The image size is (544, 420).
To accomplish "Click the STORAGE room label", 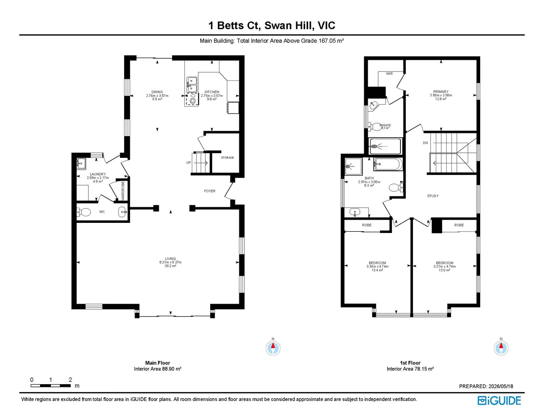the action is [227, 157].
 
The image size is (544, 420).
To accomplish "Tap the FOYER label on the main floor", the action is [209, 191].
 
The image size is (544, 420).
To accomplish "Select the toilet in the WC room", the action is [84, 212].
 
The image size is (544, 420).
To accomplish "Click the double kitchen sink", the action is [192, 84].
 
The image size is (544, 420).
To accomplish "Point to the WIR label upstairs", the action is [389, 73].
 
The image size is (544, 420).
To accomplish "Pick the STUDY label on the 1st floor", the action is [433, 196].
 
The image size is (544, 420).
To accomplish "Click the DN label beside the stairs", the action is [425, 143].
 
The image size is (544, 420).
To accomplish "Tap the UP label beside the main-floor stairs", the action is [188, 163].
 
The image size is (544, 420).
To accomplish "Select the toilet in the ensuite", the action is [374, 126].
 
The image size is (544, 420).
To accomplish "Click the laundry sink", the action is [81, 164].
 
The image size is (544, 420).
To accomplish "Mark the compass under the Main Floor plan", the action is [273, 348].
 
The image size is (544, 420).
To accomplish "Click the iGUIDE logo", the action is [499, 401].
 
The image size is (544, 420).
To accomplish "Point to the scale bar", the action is [51, 385].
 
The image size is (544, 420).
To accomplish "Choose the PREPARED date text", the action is [486, 386].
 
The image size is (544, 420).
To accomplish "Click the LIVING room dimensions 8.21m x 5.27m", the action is [170, 262].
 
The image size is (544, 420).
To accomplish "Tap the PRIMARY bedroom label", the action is [441, 91].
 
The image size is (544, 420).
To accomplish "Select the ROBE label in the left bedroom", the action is [367, 225].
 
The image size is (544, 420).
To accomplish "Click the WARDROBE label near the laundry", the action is [123, 191].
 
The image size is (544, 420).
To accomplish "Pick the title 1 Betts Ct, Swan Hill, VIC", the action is [272, 26].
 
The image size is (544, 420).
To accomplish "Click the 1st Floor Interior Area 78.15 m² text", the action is [410, 369].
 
